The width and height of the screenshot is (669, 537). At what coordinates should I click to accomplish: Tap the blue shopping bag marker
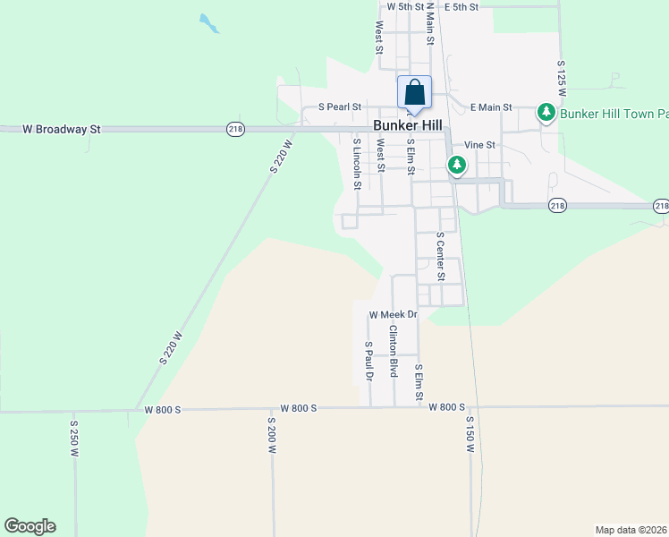point(414,92)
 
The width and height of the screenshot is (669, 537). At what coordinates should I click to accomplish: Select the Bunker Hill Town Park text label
point(614,114)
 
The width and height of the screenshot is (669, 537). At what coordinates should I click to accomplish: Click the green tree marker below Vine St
point(457,165)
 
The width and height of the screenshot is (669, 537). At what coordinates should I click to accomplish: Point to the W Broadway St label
point(61,129)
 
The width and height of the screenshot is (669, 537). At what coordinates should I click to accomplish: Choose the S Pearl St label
point(339,107)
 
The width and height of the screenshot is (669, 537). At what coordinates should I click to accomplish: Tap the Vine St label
point(479,145)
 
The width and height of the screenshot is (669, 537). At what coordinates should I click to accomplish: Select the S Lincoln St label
point(357,164)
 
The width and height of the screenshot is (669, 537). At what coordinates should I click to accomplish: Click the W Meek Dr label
point(394,315)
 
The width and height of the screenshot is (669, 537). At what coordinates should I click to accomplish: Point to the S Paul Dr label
point(368,362)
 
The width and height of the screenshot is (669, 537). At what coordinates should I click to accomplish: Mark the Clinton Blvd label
point(393,350)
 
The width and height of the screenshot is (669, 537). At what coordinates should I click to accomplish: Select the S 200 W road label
point(271,436)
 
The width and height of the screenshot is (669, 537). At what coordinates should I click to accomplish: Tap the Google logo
point(30,526)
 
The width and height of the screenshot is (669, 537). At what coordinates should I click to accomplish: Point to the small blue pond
point(209,23)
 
